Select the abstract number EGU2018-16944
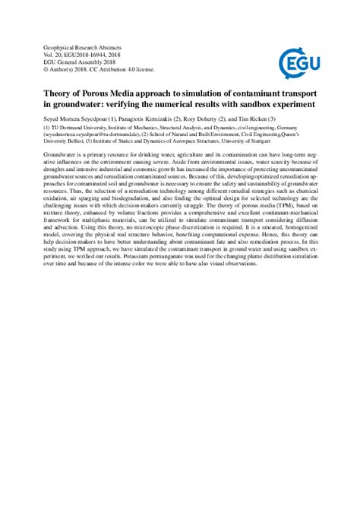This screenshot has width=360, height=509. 81,55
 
